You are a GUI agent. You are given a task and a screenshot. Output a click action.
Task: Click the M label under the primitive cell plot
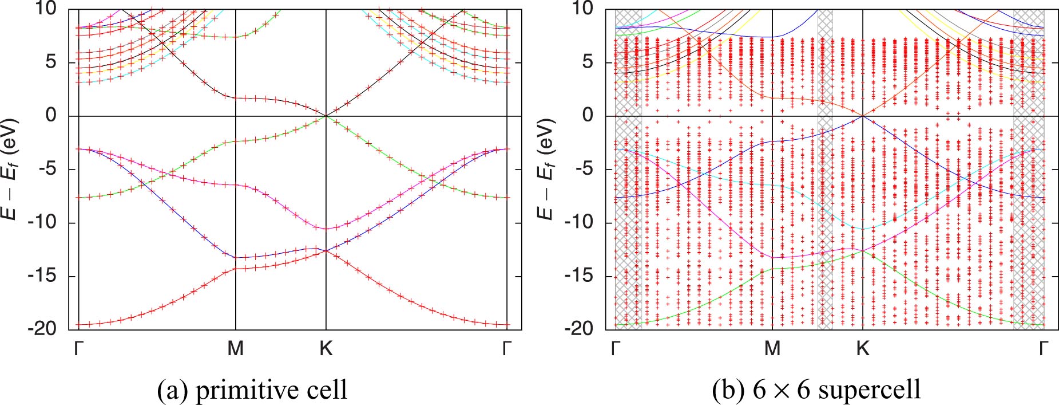pyautogui.click(x=236, y=348)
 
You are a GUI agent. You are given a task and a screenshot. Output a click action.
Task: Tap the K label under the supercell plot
pyautogui.click(x=863, y=348)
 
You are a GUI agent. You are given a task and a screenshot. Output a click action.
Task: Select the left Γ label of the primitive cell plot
pyautogui.click(x=79, y=348)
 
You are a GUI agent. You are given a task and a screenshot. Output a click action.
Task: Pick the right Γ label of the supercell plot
pyautogui.click(x=1044, y=348)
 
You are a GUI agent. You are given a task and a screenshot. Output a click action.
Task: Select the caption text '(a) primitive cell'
pyautogui.click(x=252, y=390)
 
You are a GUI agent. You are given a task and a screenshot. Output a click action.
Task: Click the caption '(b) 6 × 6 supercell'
pyautogui.click(x=816, y=390)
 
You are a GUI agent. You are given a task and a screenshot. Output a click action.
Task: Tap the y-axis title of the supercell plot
pyautogui.click(x=546, y=170)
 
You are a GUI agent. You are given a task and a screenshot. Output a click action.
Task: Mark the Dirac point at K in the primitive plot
pyautogui.click(x=326, y=116)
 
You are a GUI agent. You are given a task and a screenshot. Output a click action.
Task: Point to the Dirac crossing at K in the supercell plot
pyautogui.click(x=863, y=116)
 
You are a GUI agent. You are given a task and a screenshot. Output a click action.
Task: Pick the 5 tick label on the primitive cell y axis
pyautogui.click(x=51, y=62)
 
